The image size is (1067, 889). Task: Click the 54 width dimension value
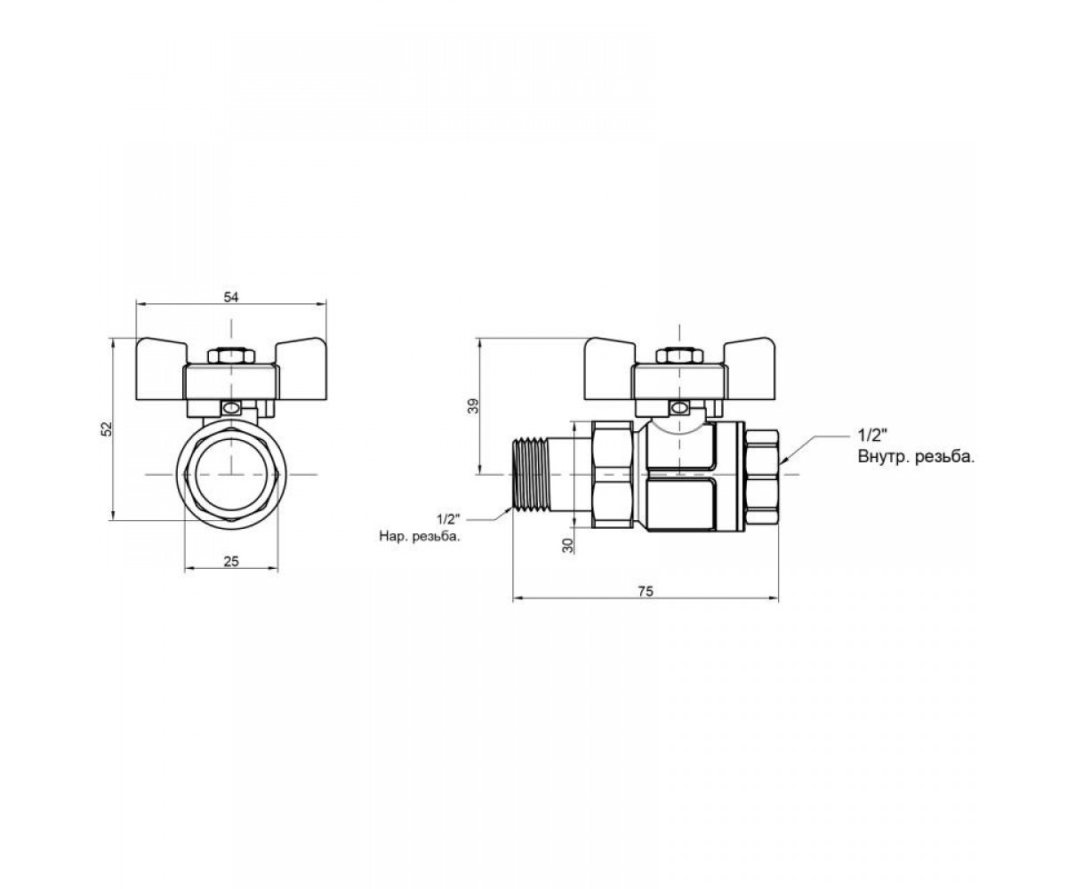tap(231, 297)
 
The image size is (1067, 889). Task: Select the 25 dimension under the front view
tap(231, 561)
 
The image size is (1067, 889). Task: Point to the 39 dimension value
tap(474, 405)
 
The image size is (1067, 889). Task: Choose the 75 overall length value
tap(646, 591)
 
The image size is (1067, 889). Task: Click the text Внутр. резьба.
tap(916, 456)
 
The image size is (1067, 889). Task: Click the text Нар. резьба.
tap(420, 536)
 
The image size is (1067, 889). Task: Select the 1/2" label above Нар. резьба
tap(449, 519)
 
